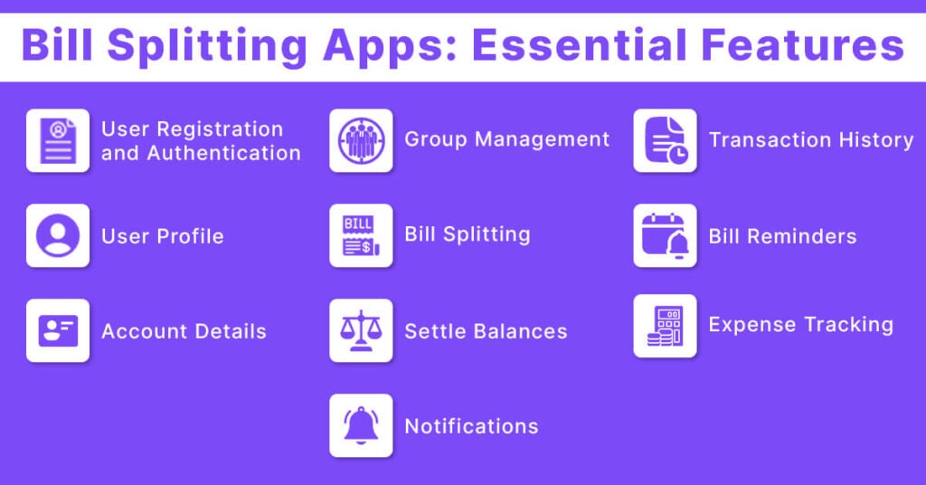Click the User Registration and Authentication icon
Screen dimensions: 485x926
click(58, 140)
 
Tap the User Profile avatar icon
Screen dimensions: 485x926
click(58, 235)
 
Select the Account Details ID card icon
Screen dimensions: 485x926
click(58, 330)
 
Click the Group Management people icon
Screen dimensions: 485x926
click(361, 140)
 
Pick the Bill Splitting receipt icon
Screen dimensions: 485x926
click(361, 235)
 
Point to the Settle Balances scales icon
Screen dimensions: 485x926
click(361, 330)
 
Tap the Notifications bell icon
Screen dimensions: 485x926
click(361, 425)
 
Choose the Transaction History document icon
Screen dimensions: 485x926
click(665, 140)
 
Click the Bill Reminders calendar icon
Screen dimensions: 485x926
click(665, 235)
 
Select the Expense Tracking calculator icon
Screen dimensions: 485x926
click(665, 326)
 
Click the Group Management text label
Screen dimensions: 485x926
click(507, 139)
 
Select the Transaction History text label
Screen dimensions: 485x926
click(811, 140)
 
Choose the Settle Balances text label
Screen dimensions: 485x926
click(486, 331)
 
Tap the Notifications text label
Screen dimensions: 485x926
click(471, 426)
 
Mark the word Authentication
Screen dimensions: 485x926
click(224, 153)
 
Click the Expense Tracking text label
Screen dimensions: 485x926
click(800, 325)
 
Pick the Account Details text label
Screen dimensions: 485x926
click(184, 331)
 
